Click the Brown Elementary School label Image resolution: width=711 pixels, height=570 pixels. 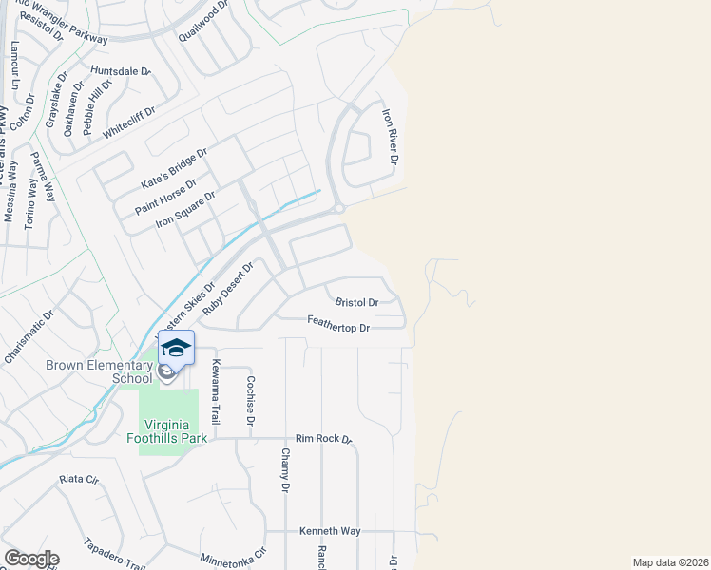tap(99, 371)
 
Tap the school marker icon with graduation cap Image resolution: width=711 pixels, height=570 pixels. tap(176, 348)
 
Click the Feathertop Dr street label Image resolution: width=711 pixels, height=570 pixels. tap(337, 326)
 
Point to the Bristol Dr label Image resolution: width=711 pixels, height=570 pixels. tap(356, 302)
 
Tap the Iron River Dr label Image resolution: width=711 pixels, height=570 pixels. tap(389, 133)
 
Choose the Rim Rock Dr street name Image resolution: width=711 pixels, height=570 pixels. tap(323, 439)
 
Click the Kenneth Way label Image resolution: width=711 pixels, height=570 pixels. tap(330, 531)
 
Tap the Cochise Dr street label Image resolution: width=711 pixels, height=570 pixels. tap(251, 400)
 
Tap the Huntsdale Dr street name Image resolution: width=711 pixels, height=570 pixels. tap(121, 71)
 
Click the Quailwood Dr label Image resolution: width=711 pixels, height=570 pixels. tap(204, 21)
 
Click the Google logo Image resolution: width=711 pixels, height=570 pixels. tap(31, 559)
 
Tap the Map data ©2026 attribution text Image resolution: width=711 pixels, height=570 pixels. tap(669, 562)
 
